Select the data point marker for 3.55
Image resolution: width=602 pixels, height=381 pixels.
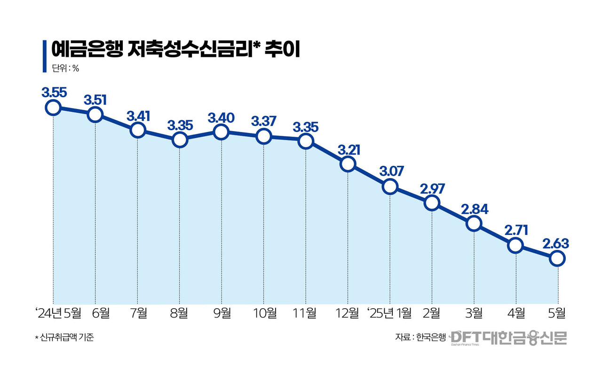(53, 108)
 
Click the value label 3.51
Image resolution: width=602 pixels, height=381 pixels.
(95, 100)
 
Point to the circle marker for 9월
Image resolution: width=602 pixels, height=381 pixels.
(221, 132)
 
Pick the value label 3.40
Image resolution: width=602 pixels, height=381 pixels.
(221, 118)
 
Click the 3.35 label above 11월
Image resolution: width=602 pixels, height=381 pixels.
(305, 126)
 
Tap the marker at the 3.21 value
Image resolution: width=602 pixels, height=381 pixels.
(348, 164)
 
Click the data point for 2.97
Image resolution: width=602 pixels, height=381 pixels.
(432, 203)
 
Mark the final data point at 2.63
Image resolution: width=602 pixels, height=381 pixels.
(557, 258)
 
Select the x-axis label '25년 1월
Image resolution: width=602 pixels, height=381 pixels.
(390, 313)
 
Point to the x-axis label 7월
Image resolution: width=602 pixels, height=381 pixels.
(137, 313)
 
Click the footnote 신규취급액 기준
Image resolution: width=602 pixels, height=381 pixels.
(64, 337)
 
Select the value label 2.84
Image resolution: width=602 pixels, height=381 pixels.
(474, 209)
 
